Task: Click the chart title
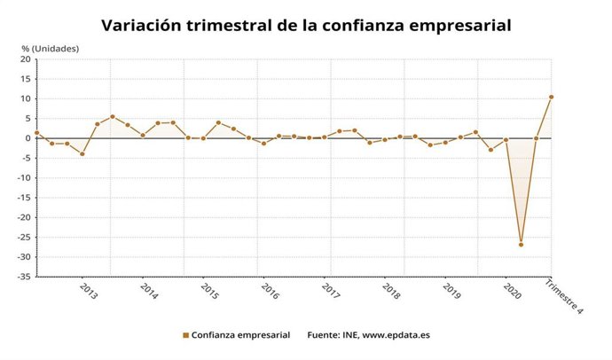tap(306, 26)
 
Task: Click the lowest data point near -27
tap(521, 245)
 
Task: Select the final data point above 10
tap(551, 97)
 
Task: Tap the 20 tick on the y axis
tap(26, 59)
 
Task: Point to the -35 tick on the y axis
tap(23, 277)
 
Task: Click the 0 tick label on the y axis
tap(28, 138)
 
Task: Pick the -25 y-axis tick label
tap(23, 238)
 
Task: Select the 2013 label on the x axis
tap(89, 291)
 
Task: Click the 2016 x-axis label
tap(270, 291)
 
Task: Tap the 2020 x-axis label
tap(512, 291)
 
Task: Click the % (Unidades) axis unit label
tap(51, 47)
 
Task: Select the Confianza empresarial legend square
tap(186, 335)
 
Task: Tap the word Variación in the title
tap(142, 26)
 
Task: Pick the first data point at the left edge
tap(36, 133)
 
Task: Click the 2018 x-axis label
tap(390, 291)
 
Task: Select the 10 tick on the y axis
tap(26, 98)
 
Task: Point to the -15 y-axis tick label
tap(23, 198)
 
